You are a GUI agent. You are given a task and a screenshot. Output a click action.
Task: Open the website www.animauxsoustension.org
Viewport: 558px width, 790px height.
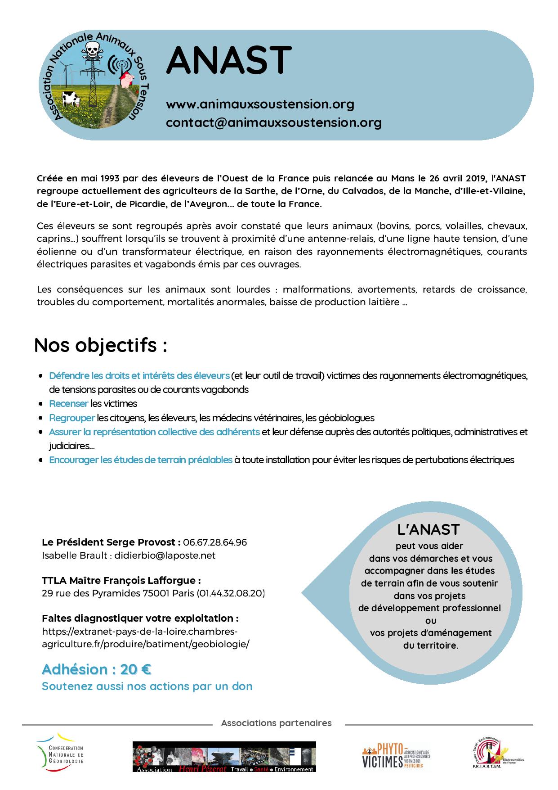[x=260, y=104]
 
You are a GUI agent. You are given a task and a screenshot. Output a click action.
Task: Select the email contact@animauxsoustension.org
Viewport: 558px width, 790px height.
[x=273, y=122]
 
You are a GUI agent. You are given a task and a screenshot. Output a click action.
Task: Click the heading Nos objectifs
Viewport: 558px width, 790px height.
[x=100, y=345]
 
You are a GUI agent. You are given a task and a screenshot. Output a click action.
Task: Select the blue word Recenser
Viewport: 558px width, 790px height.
[x=68, y=403]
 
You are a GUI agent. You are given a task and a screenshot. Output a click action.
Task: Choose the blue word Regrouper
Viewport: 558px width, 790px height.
[x=72, y=418]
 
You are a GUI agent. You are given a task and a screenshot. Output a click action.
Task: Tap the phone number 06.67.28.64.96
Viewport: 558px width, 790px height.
[x=215, y=542]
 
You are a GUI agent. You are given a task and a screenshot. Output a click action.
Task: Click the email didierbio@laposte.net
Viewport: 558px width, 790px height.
[x=165, y=555]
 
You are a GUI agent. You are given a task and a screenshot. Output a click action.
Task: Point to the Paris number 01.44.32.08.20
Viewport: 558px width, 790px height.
[x=230, y=593]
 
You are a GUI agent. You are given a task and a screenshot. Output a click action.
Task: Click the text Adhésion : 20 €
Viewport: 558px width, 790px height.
[x=96, y=669]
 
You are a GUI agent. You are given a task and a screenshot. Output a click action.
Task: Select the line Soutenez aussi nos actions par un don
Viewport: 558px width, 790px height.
[x=147, y=686]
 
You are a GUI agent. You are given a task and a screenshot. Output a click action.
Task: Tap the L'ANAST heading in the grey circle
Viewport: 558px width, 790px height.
[x=428, y=529]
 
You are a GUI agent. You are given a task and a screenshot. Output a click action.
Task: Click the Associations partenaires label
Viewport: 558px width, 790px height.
[x=276, y=723]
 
